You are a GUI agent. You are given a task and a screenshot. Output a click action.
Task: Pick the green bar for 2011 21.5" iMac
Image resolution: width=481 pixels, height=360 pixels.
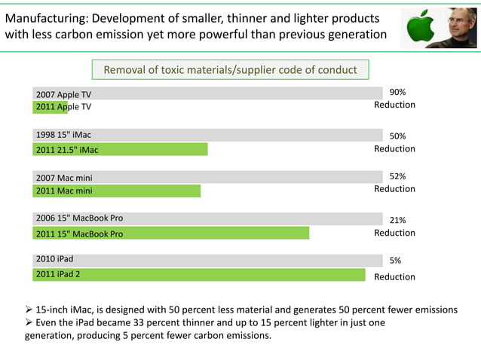click(121, 149)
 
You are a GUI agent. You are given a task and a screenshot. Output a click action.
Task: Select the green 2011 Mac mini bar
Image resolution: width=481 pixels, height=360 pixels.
click(117, 191)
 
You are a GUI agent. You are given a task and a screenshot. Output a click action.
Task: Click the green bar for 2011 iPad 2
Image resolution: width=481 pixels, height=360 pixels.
click(200, 274)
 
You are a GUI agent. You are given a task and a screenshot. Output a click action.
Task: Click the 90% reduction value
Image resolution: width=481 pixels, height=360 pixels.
click(397, 91)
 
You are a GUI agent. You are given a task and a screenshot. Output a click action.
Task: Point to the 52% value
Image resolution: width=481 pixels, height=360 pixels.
click(397, 176)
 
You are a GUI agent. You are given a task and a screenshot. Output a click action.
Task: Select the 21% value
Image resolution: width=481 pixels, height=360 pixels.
click(397, 220)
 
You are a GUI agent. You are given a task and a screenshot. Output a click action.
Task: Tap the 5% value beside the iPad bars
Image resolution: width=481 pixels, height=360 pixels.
click(395, 260)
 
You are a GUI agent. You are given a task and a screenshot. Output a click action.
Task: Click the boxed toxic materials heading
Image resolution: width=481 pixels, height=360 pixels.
click(230, 70)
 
